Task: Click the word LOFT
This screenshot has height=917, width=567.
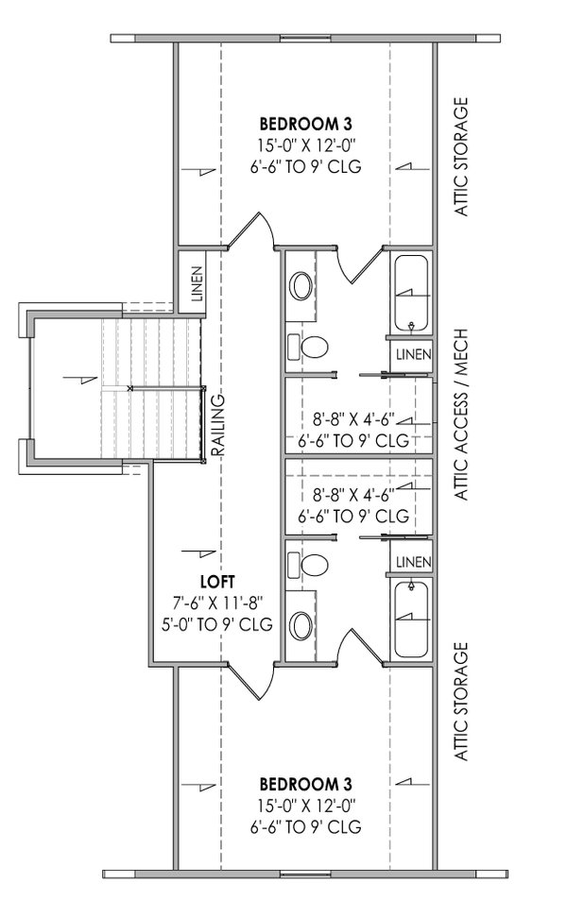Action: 216,582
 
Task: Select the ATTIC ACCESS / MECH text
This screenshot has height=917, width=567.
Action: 462,415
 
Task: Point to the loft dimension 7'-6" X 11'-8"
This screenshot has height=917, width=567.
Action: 216,603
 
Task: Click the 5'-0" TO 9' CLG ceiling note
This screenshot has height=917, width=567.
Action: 216,623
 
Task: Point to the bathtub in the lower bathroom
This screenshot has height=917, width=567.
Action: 411,619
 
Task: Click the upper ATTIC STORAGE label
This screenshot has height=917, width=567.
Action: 462,156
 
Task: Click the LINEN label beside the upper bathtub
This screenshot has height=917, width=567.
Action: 412,354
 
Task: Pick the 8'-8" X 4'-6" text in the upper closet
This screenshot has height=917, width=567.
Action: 353,419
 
